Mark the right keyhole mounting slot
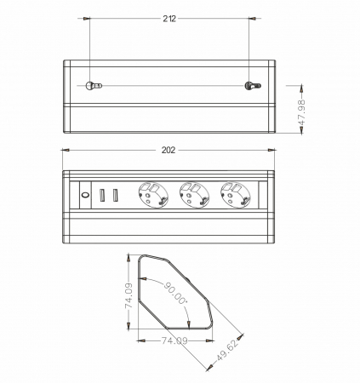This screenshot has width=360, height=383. coord(250,87)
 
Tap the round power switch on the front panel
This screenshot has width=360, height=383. coord(85,195)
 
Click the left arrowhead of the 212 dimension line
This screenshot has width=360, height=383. coord(91,19)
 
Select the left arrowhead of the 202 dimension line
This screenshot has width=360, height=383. coord(66,151)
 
